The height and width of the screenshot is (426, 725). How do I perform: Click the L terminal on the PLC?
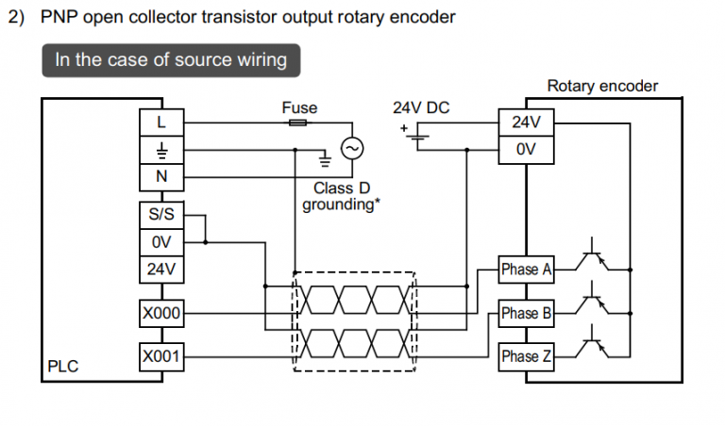click(x=160, y=123)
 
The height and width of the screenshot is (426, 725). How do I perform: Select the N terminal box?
click(x=160, y=176)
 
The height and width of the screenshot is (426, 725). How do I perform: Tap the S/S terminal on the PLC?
click(x=160, y=215)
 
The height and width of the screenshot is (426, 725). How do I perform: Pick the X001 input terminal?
click(x=160, y=357)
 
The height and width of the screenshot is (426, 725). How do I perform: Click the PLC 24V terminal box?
click(x=160, y=269)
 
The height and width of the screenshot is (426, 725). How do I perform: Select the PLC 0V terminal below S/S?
click(x=160, y=242)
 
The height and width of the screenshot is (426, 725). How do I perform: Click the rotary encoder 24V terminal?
click(x=525, y=123)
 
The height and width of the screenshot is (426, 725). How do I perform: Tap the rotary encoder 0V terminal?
click(x=525, y=149)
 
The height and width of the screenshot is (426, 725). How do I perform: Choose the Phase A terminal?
click(x=526, y=270)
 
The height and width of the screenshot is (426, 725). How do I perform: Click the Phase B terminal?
click(x=526, y=313)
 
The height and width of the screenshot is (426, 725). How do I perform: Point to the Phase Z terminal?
click(x=526, y=357)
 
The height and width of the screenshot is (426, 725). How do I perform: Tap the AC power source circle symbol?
click(x=358, y=149)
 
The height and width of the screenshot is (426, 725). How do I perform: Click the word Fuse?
click(x=299, y=107)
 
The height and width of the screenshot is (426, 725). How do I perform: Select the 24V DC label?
click(x=421, y=107)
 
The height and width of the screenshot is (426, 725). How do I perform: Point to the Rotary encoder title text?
click(x=602, y=87)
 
